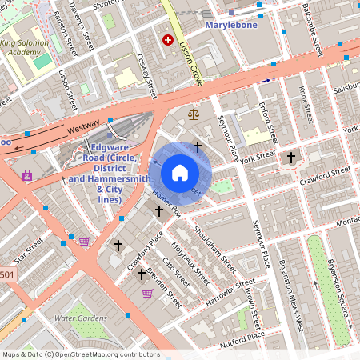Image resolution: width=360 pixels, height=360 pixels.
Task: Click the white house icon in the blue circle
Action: tap(180, 172)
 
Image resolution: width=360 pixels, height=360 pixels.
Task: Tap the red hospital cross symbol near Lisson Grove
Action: tap(168, 39)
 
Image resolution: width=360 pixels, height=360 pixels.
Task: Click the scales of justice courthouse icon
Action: tap(193, 114)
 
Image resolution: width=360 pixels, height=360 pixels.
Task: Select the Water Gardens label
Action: tap(80, 318)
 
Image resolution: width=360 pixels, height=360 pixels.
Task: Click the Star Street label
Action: tap(26, 257)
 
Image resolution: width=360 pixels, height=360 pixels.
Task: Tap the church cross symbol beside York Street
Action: tap(291, 158)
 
